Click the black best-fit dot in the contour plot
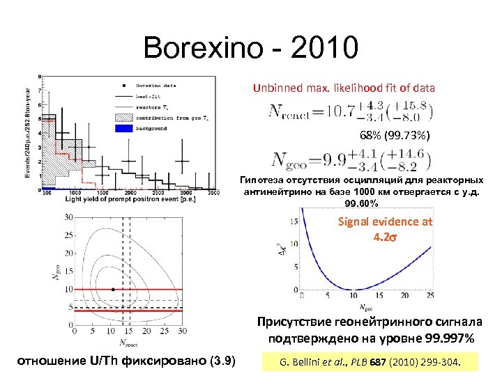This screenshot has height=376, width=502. (x=113, y=288)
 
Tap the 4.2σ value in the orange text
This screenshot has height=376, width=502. (x=385, y=237)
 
